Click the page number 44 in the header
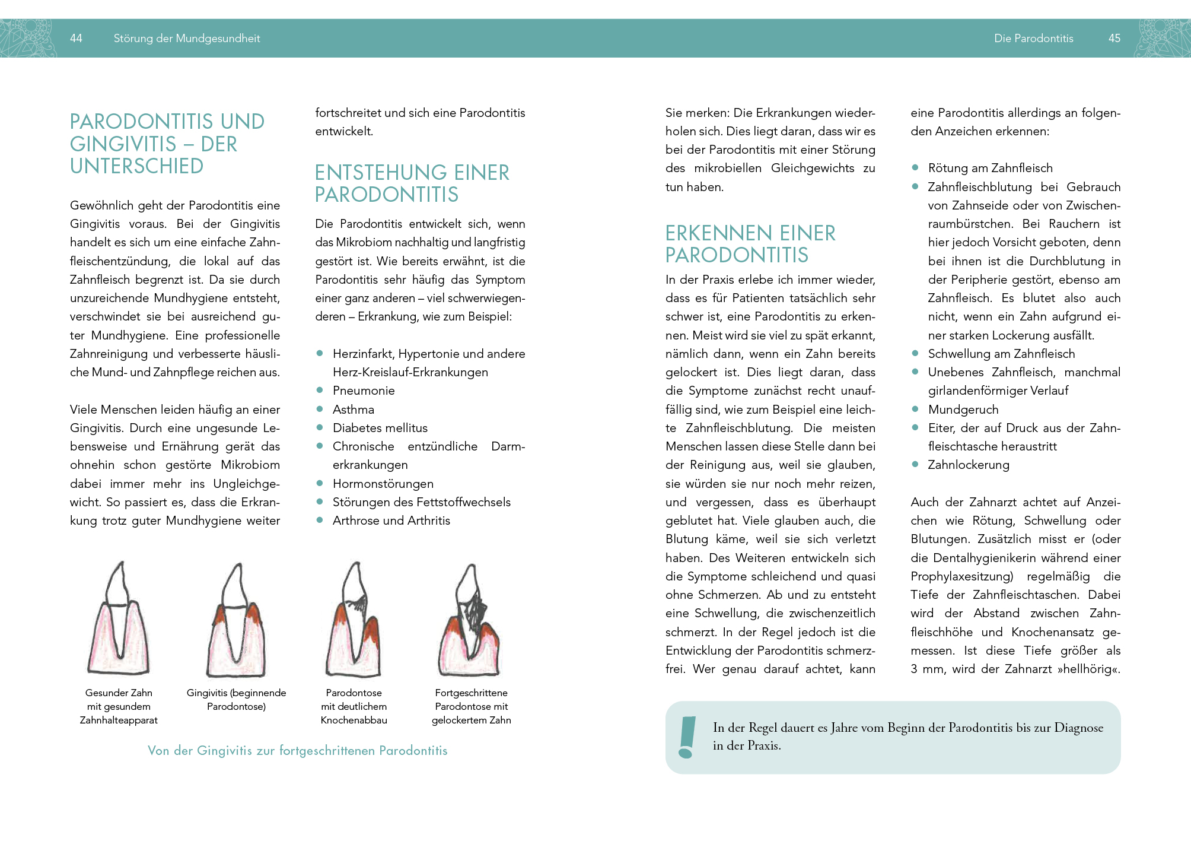click(76, 39)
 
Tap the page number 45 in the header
click(1114, 39)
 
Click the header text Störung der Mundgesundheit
click(187, 39)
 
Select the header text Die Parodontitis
click(1034, 39)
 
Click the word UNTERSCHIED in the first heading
click(137, 166)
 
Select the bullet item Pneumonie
click(364, 391)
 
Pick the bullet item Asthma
click(354, 410)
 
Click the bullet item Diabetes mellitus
click(380, 428)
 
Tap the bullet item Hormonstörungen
click(383, 484)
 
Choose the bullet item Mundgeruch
click(963, 410)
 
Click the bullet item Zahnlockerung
click(969, 465)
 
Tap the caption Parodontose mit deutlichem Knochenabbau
click(354, 706)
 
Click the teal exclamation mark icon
click(687, 737)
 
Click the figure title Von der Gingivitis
click(297, 751)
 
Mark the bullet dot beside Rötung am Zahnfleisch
click(915, 168)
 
